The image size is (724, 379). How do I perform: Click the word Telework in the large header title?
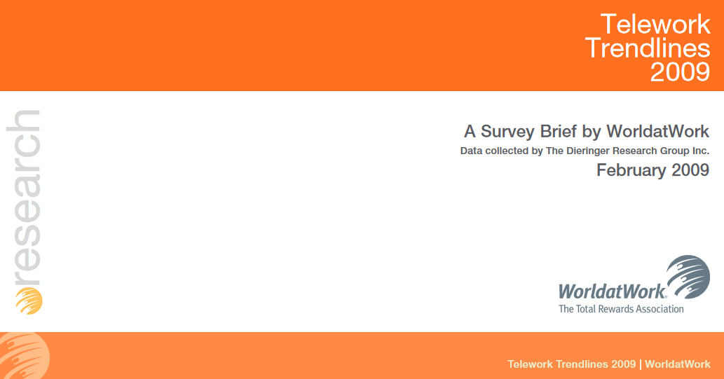click(655, 25)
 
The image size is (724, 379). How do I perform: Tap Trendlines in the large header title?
click(647, 48)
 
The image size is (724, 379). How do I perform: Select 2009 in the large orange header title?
click(680, 71)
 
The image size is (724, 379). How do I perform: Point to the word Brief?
click(561, 131)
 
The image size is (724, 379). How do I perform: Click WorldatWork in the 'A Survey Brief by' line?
click(657, 131)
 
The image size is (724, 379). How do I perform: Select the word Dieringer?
click(589, 151)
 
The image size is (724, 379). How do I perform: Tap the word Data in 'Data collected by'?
click(472, 151)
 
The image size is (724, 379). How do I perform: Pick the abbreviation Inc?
click(699, 151)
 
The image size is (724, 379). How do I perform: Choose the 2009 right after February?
click(690, 170)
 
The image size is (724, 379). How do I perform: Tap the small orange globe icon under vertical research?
click(29, 300)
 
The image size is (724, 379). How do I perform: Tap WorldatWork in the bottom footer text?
click(677, 364)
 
